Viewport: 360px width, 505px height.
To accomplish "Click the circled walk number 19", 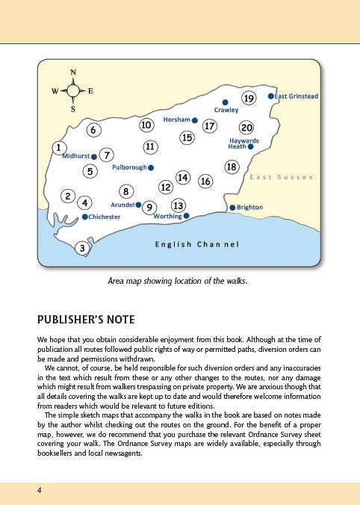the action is [249, 99].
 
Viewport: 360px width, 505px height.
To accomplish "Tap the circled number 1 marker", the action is [58, 148].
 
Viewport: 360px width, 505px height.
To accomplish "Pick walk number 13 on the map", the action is [178, 205].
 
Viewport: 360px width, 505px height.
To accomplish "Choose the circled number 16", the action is [206, 182].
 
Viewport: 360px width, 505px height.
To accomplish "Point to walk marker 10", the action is [146, 125].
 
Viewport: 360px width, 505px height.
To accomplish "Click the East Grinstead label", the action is [297, 96].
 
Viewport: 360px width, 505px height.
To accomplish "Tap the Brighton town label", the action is [249, 208].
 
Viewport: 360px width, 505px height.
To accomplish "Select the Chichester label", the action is [105, 217].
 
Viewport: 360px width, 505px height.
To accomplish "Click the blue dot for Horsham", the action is [194, 120].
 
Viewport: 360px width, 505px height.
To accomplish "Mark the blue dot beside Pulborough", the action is [151, 167].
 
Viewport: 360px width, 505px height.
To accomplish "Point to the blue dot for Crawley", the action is [225, 102].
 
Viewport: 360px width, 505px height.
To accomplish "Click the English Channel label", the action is [196, 244].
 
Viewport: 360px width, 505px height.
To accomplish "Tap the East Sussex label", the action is [282, 178].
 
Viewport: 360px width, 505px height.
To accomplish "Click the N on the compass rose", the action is [73, 73].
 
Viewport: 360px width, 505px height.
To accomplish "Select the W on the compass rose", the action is [55, 91].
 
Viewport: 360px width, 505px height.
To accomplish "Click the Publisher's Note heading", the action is [86, 320].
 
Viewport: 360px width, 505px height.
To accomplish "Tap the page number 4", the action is [38, 489].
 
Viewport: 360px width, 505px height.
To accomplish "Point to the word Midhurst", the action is [75, 156].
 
